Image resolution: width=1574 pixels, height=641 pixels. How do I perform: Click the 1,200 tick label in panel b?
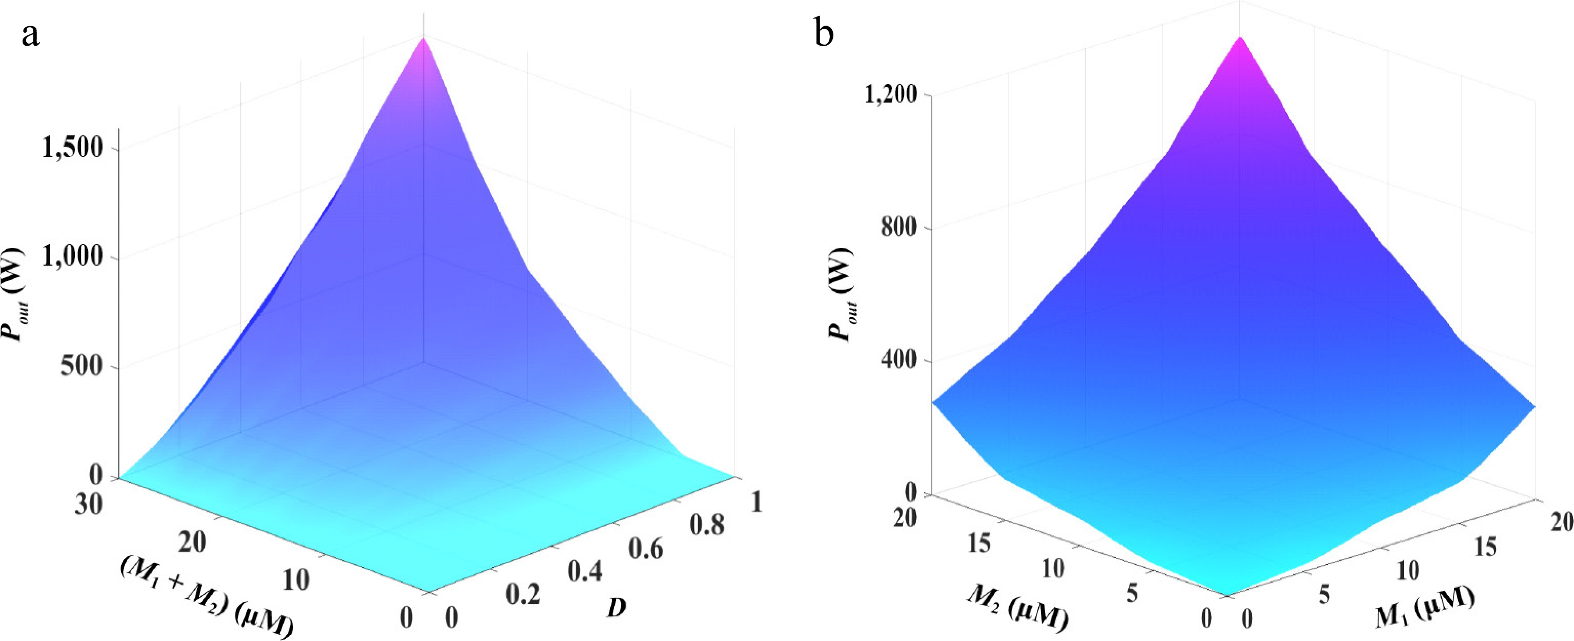[x=891, y=95]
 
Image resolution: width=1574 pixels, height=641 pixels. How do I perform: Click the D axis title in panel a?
[x=617, y=608]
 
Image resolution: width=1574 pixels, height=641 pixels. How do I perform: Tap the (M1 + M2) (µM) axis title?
[x=206, y=597]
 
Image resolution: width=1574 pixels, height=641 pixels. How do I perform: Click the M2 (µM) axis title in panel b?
[x=1017, y=608]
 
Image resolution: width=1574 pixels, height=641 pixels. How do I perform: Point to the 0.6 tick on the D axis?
[x=646, y=549]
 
